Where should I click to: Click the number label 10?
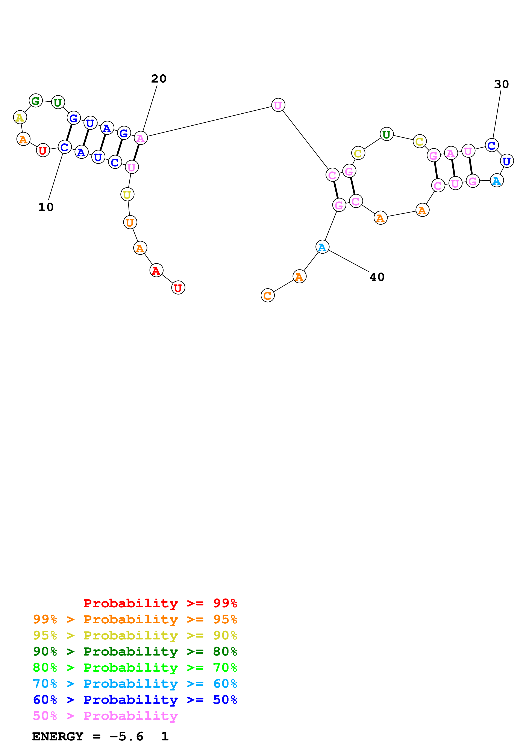coord(46,207)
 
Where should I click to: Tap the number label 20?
coord(159,79)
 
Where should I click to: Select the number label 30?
coord(501,84)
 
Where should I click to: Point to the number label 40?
coord(377,277)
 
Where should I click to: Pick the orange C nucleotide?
coord(267,295)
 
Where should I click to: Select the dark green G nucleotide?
coord(36,101)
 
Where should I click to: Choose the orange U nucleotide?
coord(130,222)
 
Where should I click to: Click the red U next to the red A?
coord(178,287)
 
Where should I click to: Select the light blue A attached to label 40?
coord(322,247)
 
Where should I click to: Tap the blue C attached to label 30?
coord(492,145)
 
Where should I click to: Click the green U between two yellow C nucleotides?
coord(386,134)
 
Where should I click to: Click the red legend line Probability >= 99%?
coord(160,603)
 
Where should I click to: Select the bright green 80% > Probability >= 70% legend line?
coord(135,668)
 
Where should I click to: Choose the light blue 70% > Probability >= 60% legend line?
coord(135,684)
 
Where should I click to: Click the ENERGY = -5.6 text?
coord(88,736)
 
